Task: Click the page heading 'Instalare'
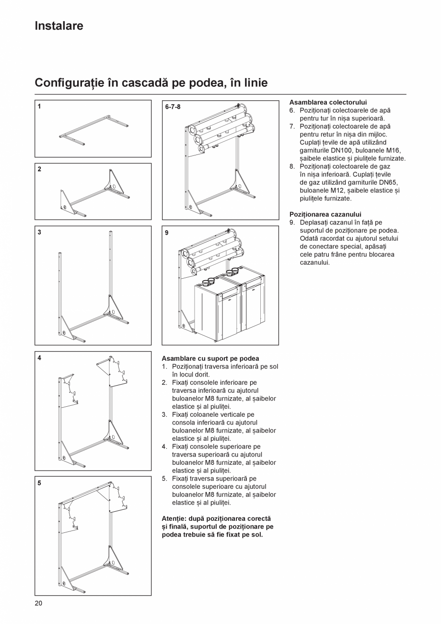[58, 26]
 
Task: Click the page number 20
[38, 603]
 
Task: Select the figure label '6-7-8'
[173, 107]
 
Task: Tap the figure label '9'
[166, 233]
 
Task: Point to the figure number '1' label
[39, 107]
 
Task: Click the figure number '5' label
[39, 483]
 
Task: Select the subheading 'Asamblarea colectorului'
[328, 102]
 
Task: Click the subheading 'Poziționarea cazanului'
[325, 214]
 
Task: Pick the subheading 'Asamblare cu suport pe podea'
[210, 358]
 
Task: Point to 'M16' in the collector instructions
[393, 150]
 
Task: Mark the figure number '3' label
[39, 233]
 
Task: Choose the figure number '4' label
[39, 358]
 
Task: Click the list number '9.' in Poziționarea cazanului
[292, 223]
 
